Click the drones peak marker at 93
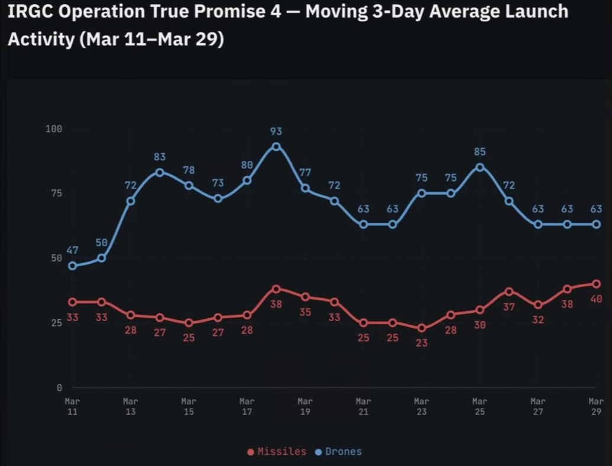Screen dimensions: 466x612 tap(276, 147)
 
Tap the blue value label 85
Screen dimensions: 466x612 tap(480, 152)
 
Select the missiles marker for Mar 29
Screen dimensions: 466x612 tap(597, 284)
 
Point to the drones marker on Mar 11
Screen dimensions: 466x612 tap(72, 266)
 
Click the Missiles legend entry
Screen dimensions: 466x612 tap(277, 452)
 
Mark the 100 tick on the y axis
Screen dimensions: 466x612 tap(54, 129)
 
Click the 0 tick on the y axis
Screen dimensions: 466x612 tap(59, 388)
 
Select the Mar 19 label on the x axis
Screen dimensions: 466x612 tap(305, 406)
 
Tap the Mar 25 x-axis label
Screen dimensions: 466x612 tap(480, 406)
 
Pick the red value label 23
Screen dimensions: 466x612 tap(422, 342)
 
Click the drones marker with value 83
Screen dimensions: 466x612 tap(160, 172)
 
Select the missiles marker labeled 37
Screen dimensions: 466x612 tap(509, 292)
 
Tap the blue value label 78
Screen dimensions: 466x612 tap(189, 170)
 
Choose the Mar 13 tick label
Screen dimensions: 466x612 tap(131, 406)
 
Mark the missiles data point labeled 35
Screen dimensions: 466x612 tap(305, 297)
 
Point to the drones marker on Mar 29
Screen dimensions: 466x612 tap(597, 224)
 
